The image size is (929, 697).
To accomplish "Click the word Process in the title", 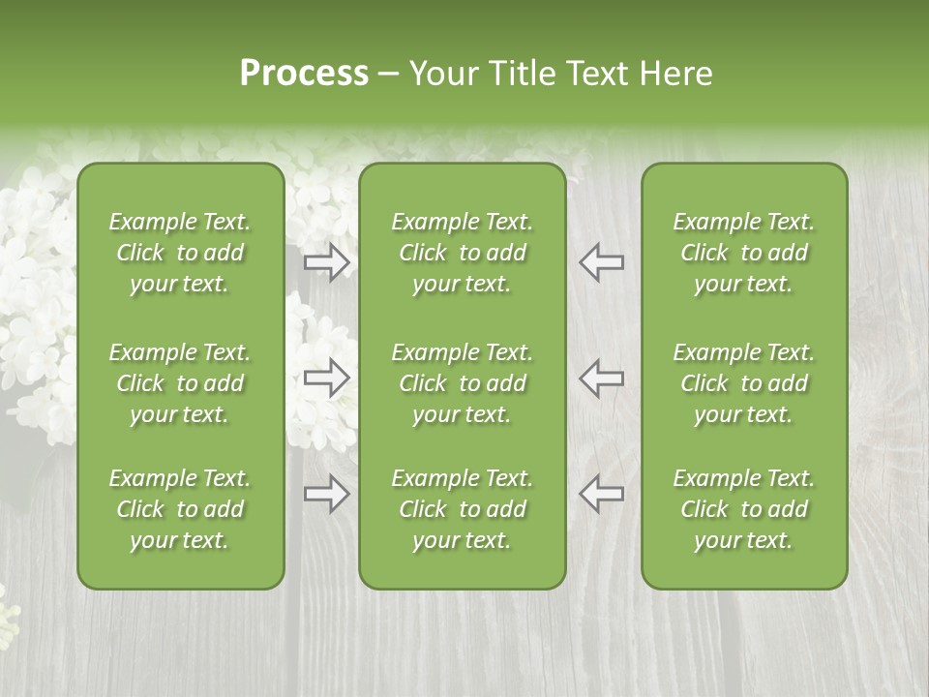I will click(x=304, y=74).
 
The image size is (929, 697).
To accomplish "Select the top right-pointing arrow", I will click(x=327, y=261).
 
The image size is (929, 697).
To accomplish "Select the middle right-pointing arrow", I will click(x=327, y=377).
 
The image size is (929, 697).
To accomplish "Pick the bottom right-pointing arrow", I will click(x=327, y=494).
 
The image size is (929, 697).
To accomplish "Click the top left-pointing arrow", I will click(x=601, y=261).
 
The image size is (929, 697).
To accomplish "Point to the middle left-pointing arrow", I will click(x=601, y=377).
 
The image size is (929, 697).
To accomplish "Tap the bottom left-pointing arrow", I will click(x=601, y=494).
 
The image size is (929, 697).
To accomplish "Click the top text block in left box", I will click(x=180, y=253).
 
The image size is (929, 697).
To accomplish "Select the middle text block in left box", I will click(x=180, y=383).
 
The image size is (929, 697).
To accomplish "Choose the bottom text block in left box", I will click(x=180, y=509).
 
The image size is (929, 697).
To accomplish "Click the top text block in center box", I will click(x=462, y=253).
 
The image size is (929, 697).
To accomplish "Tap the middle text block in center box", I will click(x=462, y=383).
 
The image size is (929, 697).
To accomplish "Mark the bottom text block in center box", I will click(x=462, y=509).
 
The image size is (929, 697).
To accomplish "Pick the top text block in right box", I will click(x=743, y=253).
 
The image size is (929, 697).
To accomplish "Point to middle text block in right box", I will click(x=743, y=383).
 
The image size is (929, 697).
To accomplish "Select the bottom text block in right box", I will click(x=743, y=509).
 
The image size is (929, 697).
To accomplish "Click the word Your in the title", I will click(x=440, y=74).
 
